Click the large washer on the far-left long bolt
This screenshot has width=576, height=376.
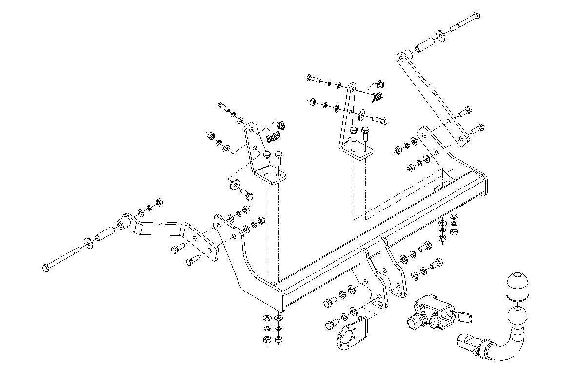88,242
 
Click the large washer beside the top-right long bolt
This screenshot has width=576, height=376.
441,34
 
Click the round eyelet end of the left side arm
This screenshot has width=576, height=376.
122,225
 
